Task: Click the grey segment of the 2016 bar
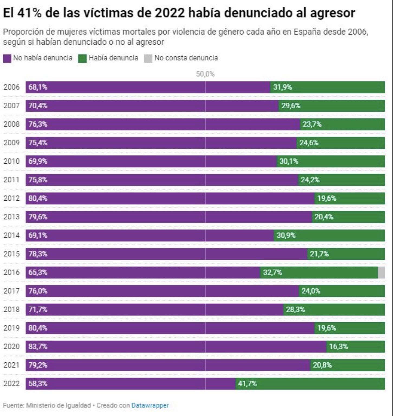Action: click(381, 272)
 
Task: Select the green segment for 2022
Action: click(310, 384)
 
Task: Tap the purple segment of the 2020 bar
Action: click(176, 347)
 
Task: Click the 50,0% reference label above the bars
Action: click(205, 74)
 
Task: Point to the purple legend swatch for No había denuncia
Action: click(7, 58)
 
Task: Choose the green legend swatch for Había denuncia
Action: click(82, 58)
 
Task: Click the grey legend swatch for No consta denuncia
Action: click(148, 58)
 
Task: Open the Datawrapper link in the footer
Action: click(150, 405)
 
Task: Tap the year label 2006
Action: click(11, 87)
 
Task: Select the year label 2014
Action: click(11, 235)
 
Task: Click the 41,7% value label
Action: click(247, 384)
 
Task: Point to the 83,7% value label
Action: click(38, 347)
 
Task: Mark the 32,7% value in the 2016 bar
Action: click(272, 272)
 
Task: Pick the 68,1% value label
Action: click(38, 87)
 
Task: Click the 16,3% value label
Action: click(339, 347)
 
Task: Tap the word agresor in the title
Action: click(332, 13)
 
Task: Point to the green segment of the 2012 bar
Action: click(349, 199)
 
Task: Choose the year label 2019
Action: click(11, 328)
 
